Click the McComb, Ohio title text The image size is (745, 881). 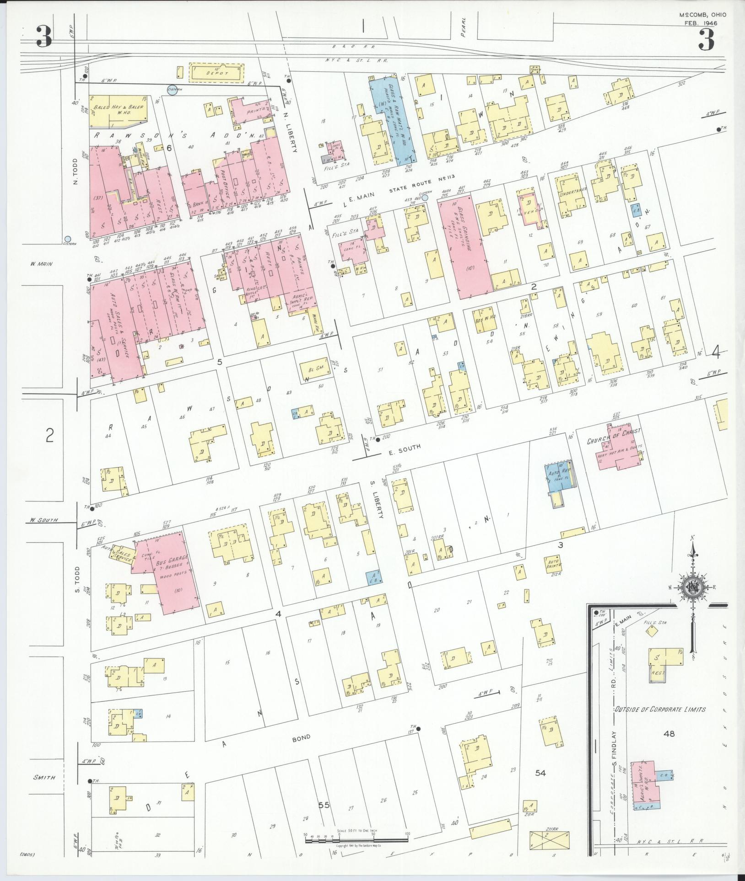(701, 15)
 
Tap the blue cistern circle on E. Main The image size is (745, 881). (425, 198)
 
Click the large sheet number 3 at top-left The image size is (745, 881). (44, 37)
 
